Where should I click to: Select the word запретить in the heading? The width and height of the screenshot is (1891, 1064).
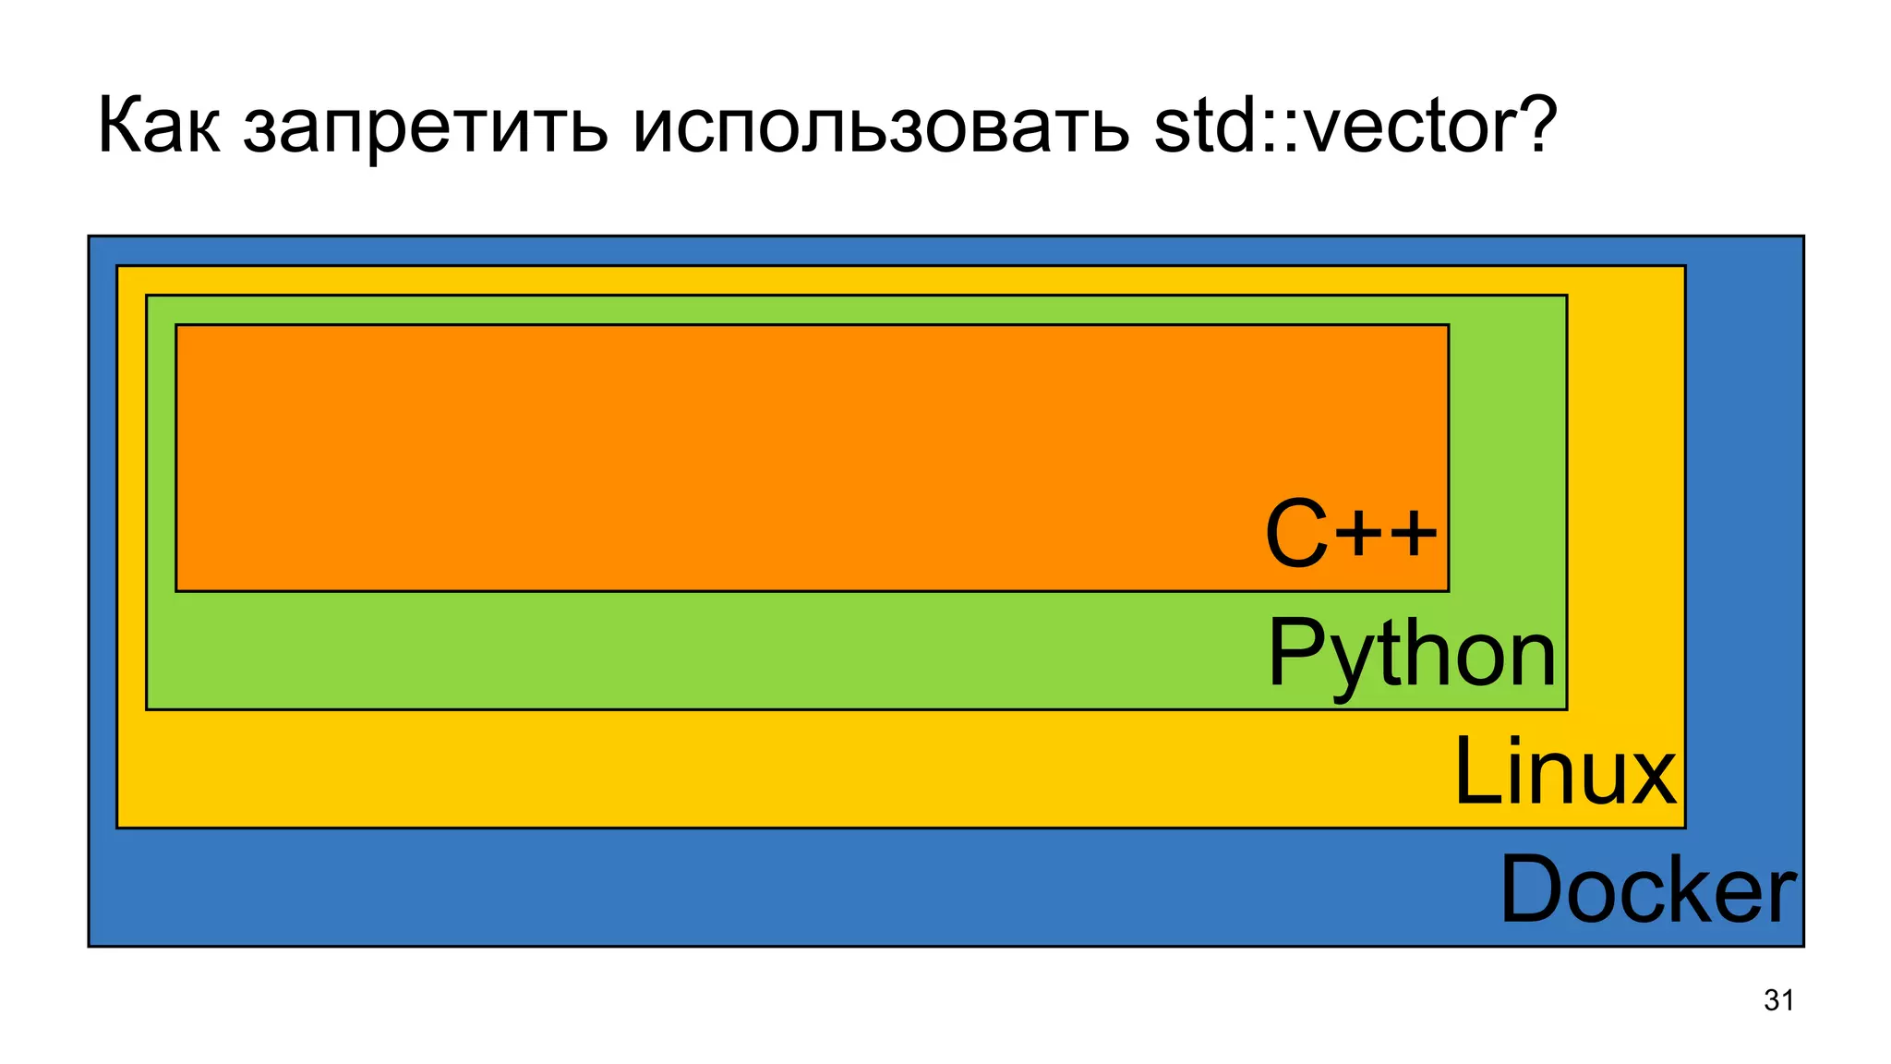(426, 129)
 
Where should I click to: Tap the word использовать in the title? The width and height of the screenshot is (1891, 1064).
(881, 129)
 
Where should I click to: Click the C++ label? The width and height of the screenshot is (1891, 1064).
(1351, 534)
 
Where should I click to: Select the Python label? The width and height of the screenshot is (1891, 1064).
(1412, 654)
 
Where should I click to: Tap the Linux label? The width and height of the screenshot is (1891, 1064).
(1564, 772)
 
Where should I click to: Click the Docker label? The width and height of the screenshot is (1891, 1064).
(1648, 889)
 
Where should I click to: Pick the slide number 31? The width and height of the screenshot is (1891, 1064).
(1778, 1000)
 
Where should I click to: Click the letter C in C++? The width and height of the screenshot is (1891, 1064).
(1296, 534)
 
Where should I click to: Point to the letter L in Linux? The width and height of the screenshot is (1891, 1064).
(1474, 771)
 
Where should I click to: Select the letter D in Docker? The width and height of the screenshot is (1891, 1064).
(1530, 889)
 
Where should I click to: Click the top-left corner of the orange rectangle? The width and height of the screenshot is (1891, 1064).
(176, 325)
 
